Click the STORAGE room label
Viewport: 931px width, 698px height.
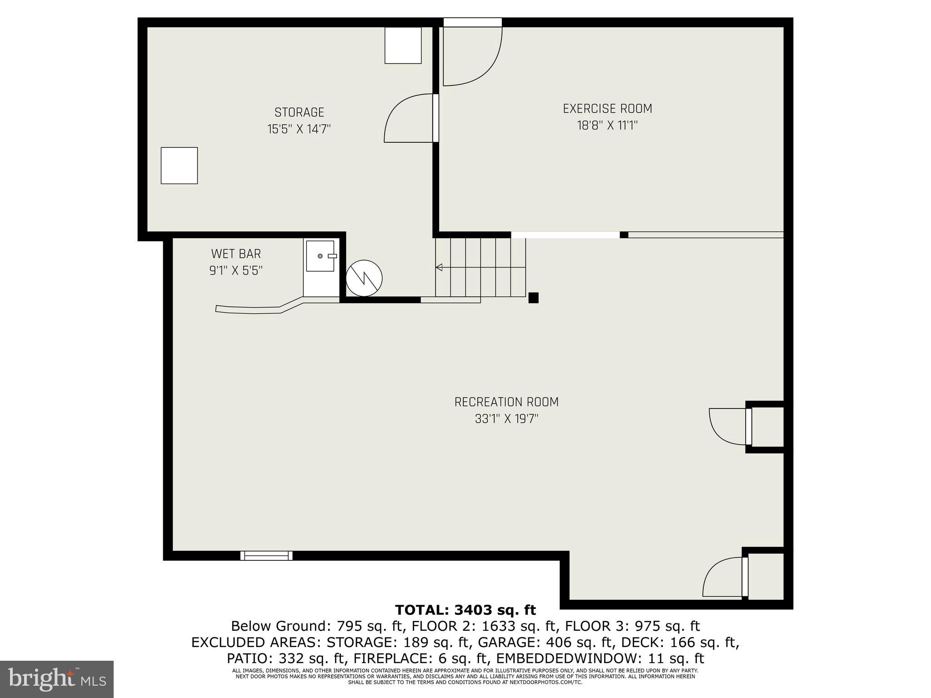(299, 112)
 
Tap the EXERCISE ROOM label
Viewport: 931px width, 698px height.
(607, 109)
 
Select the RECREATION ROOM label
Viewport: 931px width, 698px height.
(506, 402)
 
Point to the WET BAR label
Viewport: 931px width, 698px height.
(236, 254)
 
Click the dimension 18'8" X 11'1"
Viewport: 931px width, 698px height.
(607, 125)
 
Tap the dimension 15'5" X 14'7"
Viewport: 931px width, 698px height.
(299, 129)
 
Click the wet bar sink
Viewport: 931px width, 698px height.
(320, 256)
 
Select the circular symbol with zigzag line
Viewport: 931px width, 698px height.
(364, 278)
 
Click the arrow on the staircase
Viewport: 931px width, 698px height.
(439, 267)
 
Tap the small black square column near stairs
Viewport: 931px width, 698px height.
(533, 298)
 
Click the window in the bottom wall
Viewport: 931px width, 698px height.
(266, 555)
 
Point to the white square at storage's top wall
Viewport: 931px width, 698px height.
(403, 45)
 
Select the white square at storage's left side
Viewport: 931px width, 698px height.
(179, 165)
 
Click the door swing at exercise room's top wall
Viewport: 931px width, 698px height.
(473, 55)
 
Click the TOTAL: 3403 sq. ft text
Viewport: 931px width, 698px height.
(465, 610)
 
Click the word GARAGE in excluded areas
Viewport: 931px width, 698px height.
(476, 643)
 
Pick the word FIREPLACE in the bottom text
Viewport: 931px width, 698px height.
(391, 658)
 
